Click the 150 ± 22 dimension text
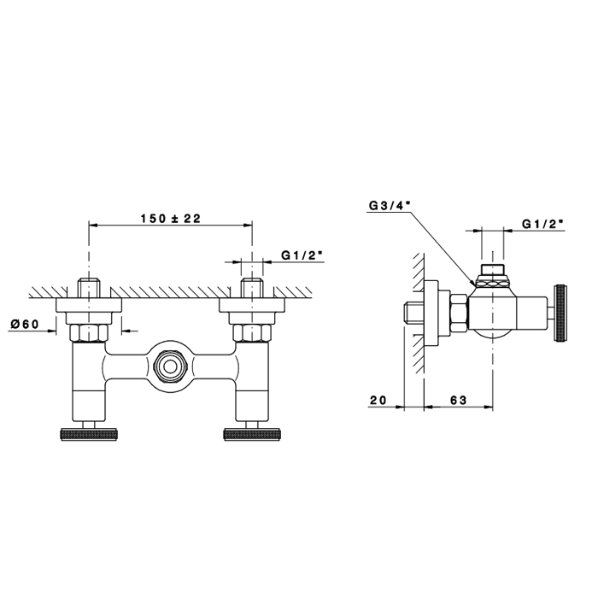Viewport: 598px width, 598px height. tap(171, 219)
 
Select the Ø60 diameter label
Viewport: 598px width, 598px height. tap(25, 324)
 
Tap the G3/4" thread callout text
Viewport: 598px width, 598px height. tap(390, 206)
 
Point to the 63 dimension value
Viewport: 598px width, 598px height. tap(459, 400)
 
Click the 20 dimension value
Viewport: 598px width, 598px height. tap(378, 400)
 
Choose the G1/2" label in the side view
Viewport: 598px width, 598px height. tap(542, 224)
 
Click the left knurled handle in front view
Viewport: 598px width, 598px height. tap(89, 435)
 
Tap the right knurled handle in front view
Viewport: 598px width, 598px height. tap(252, 435)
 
